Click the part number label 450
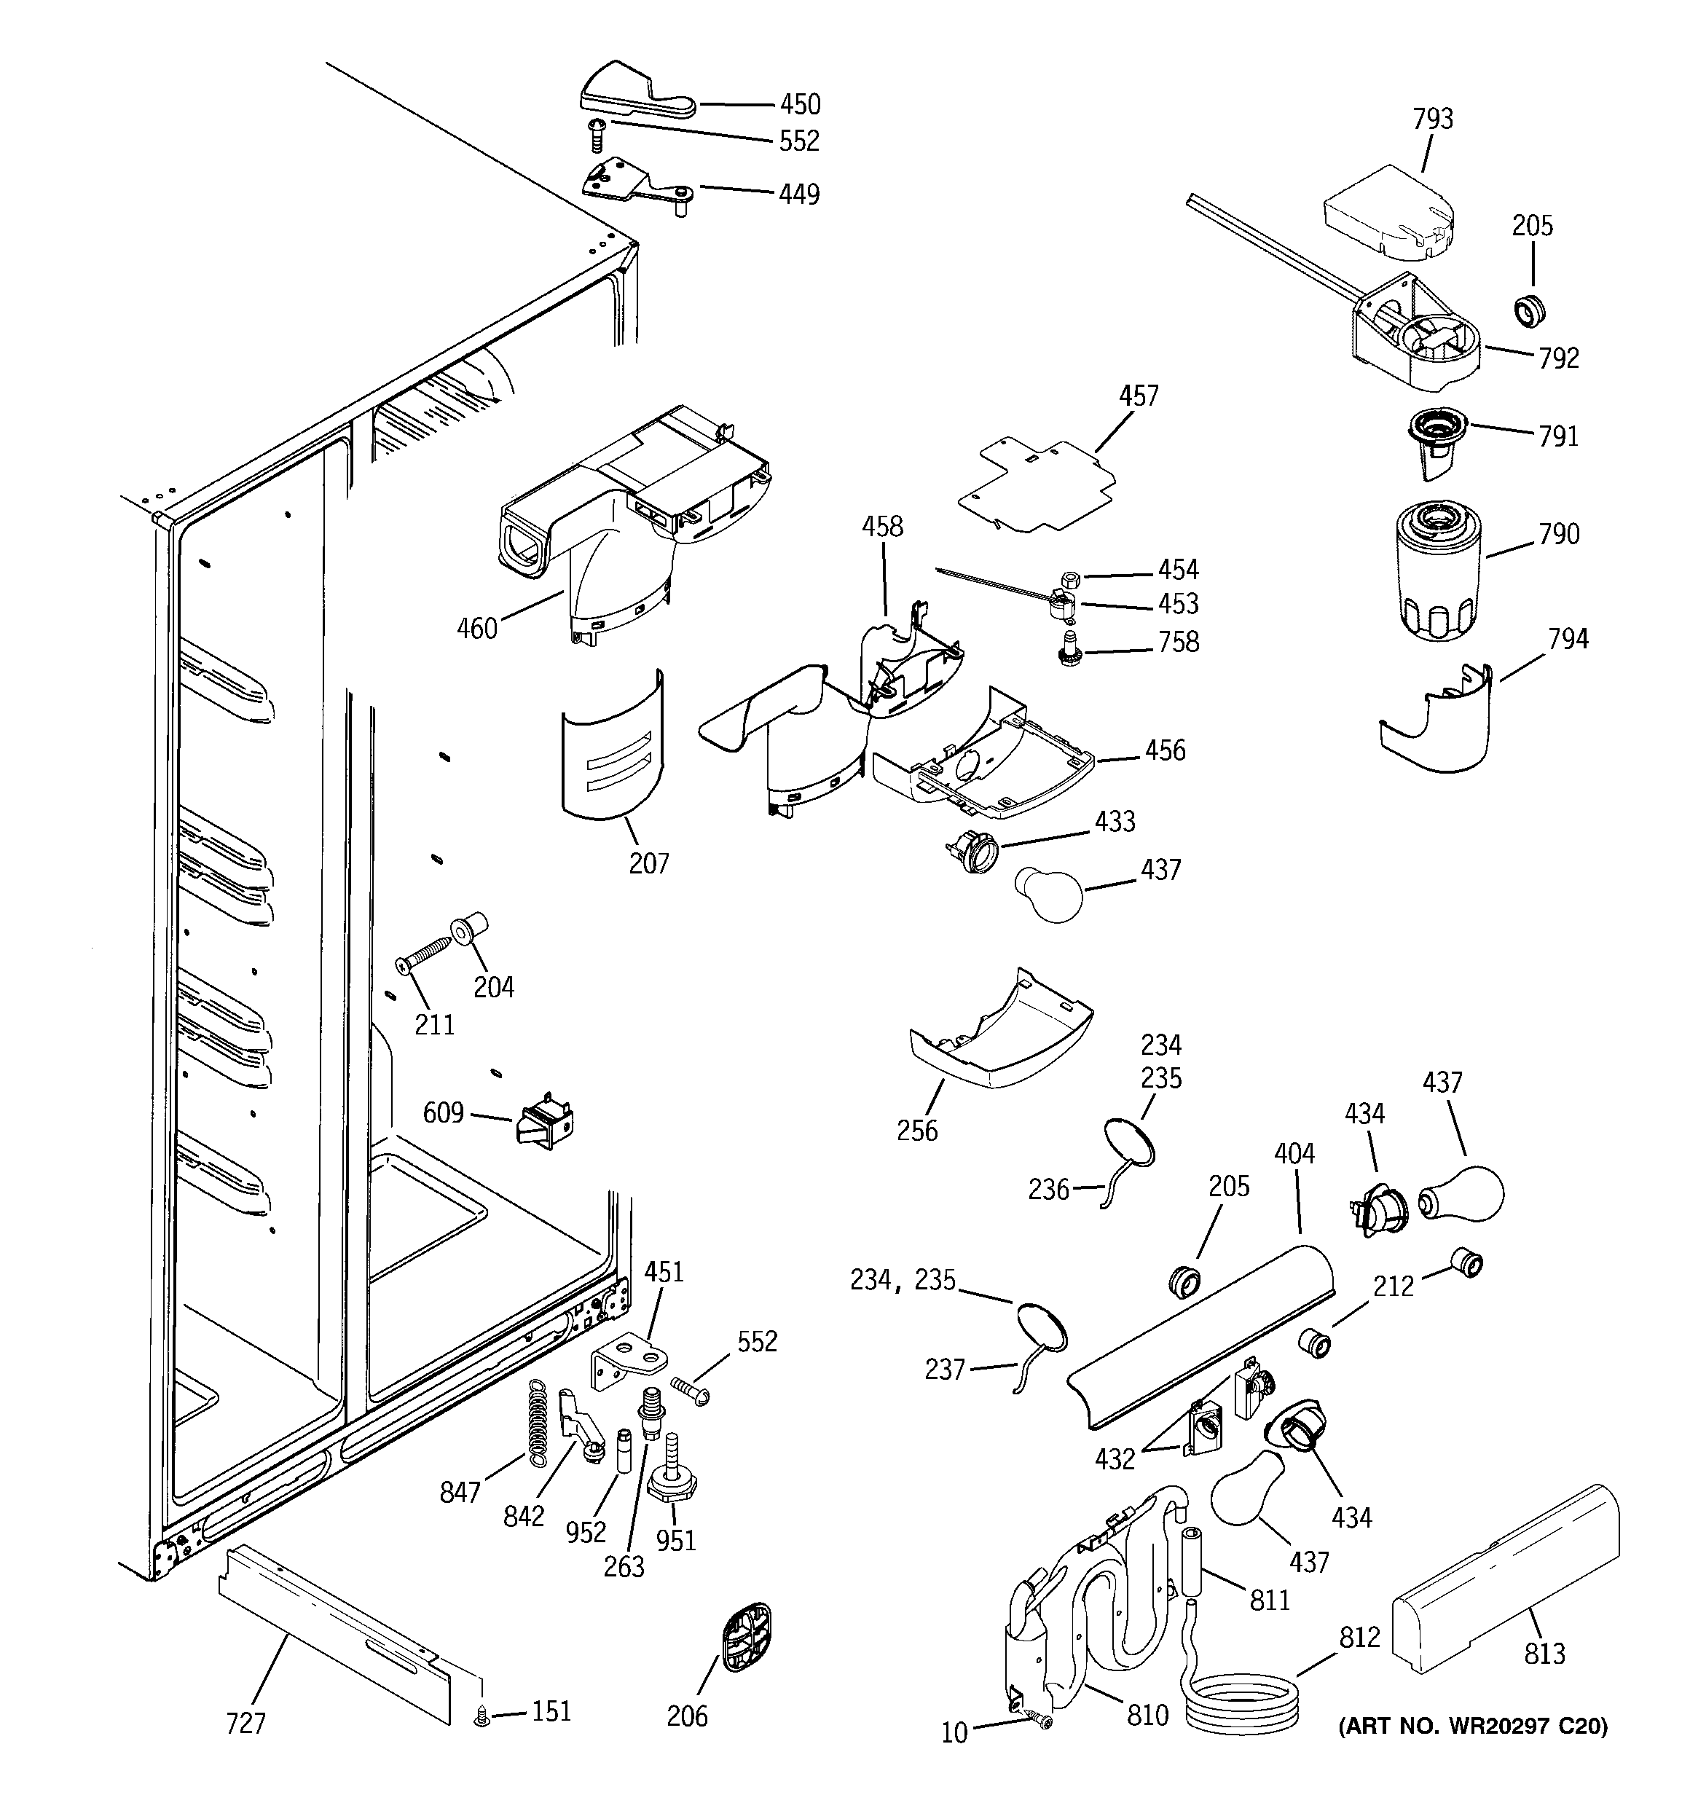[x=800, y=104]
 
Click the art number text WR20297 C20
[x=1472, y=1726]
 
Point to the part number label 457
[x=1138, y=396]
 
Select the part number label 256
[x=917, y=1130]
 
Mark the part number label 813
[x=1544, y=1654]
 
